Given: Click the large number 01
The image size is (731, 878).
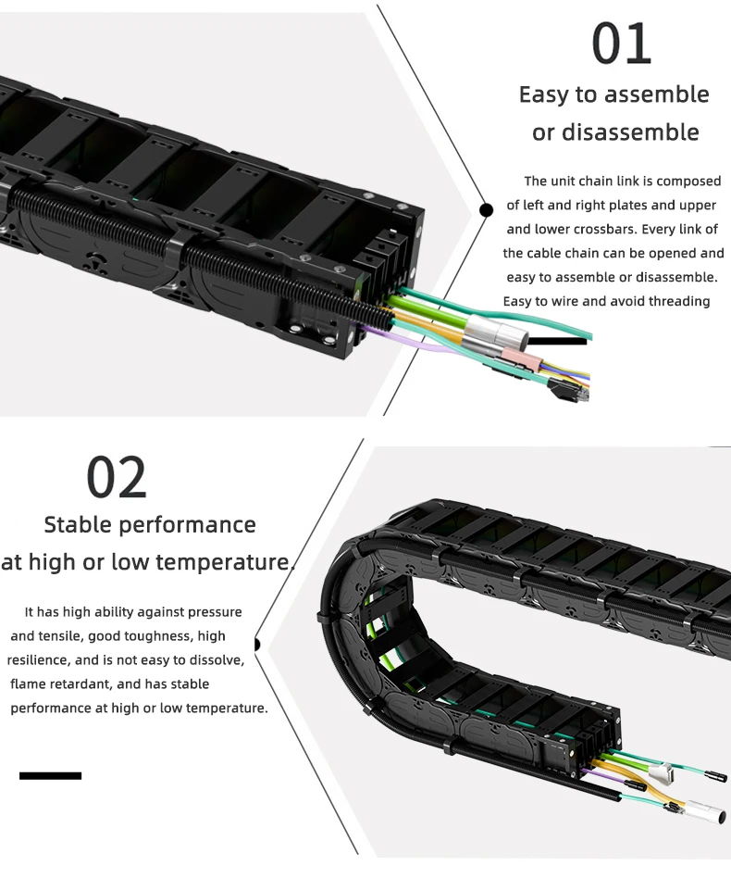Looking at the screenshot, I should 621,44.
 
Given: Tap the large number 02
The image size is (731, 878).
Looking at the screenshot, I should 117,477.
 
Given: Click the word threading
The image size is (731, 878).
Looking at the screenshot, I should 675,301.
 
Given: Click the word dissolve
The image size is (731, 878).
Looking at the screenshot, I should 214,660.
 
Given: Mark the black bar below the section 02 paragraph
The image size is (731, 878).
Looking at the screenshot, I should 50,775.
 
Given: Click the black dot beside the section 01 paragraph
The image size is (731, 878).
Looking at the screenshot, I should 486,210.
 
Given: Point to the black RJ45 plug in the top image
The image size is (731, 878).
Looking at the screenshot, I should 570,393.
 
